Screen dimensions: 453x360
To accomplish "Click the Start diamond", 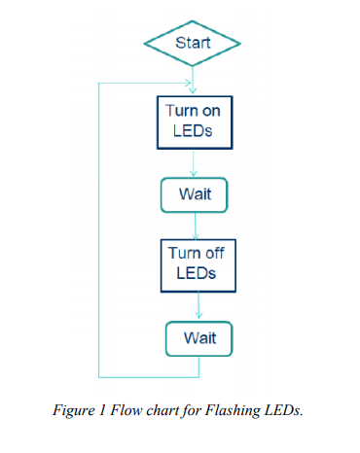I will click(x=192, y=43).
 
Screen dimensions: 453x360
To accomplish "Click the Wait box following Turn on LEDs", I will click(x=194, y=194).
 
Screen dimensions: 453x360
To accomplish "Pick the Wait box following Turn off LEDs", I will click(x=199, y=338).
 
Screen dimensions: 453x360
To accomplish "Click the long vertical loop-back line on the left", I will click(x=99, y=229).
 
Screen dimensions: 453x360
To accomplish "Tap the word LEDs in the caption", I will click(x=288, y=410).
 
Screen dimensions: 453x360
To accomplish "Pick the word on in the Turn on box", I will click(x=212, y=111).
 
